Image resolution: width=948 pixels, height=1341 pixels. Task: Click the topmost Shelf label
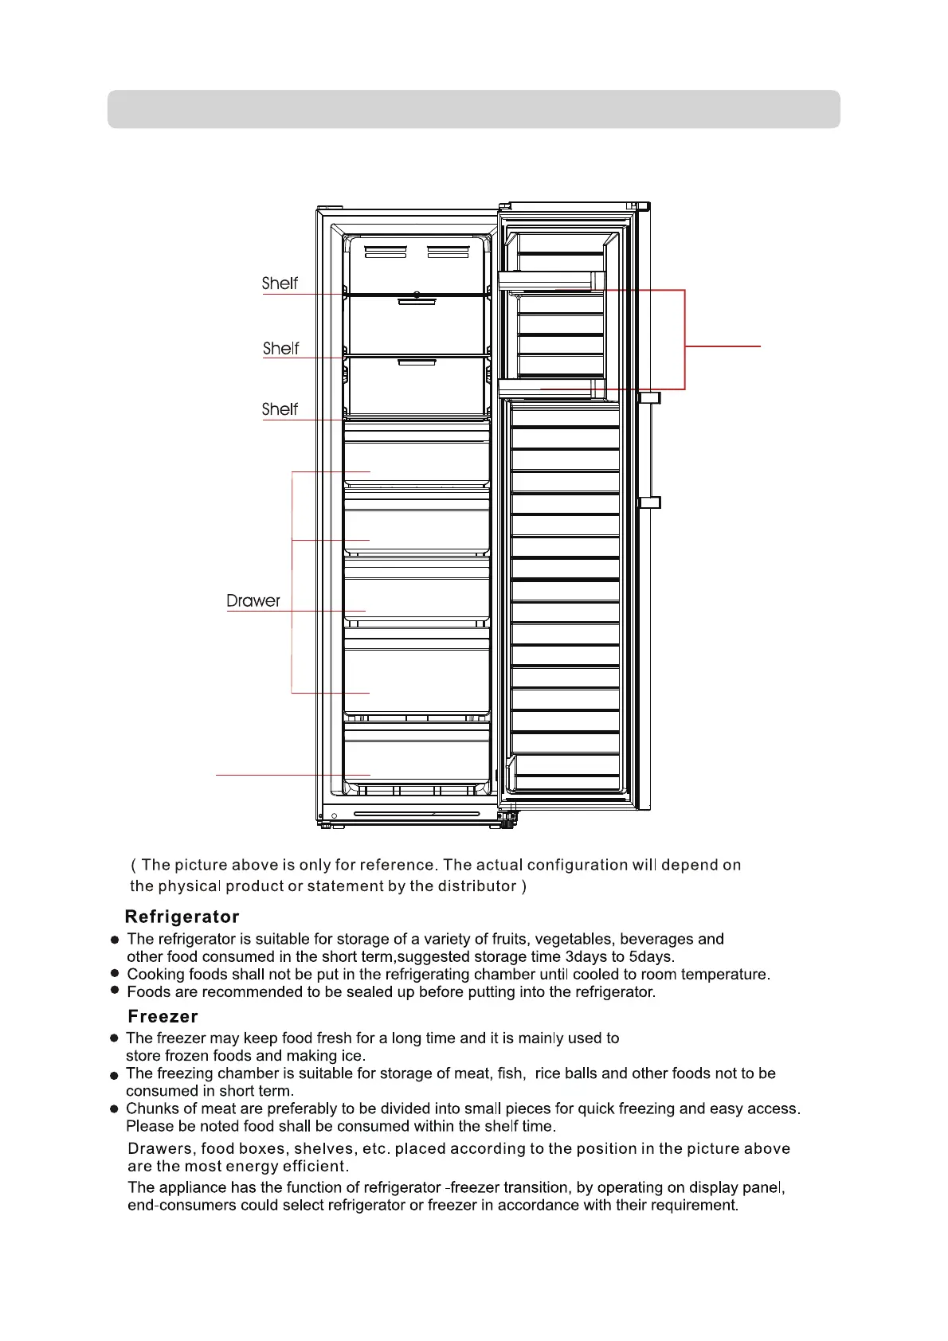coord(280,283)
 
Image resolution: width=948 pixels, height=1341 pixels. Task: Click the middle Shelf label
coord(280,349)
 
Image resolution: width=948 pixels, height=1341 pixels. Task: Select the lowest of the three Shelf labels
coord(280,409)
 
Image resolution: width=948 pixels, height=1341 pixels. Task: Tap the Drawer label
coord(253,601)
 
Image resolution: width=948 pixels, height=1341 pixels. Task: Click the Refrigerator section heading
coord(182,917)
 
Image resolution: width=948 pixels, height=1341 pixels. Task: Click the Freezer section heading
coord(163,1016)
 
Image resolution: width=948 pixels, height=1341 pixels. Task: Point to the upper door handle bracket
coord(650,397)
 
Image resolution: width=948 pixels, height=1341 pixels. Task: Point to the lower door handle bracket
coord(650,502)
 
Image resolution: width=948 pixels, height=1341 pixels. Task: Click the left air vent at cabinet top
coord(386,252)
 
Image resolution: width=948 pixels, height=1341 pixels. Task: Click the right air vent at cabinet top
coord(448,252)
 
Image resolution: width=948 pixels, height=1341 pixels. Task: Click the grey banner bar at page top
coord(473,109)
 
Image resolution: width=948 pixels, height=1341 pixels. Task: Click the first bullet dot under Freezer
coord(115,1038)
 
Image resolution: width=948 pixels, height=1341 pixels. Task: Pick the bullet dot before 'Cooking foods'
coord(115,974)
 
